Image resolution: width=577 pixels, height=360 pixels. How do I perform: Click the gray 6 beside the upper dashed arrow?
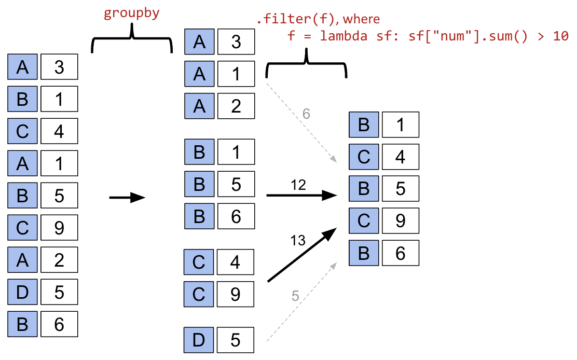tap(306, 114)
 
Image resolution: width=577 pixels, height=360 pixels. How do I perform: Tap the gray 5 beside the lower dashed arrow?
tap(295, 296)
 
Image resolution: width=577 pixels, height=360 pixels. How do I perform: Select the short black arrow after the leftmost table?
tap(127, 198)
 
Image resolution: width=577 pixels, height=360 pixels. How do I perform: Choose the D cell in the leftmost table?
tap(22, 292)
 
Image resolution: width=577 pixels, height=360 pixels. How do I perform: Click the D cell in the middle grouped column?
tap(199, 340)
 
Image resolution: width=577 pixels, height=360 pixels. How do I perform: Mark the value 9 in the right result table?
tap(400, 221)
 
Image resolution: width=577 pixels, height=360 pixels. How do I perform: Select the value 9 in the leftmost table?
tap(59, 227)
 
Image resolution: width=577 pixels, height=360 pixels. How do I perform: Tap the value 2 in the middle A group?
tap(236, 106)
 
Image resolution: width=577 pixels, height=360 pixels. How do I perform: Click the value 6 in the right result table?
tap(400, 253)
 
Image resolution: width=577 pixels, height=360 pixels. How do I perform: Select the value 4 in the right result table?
tap(400, 157)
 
